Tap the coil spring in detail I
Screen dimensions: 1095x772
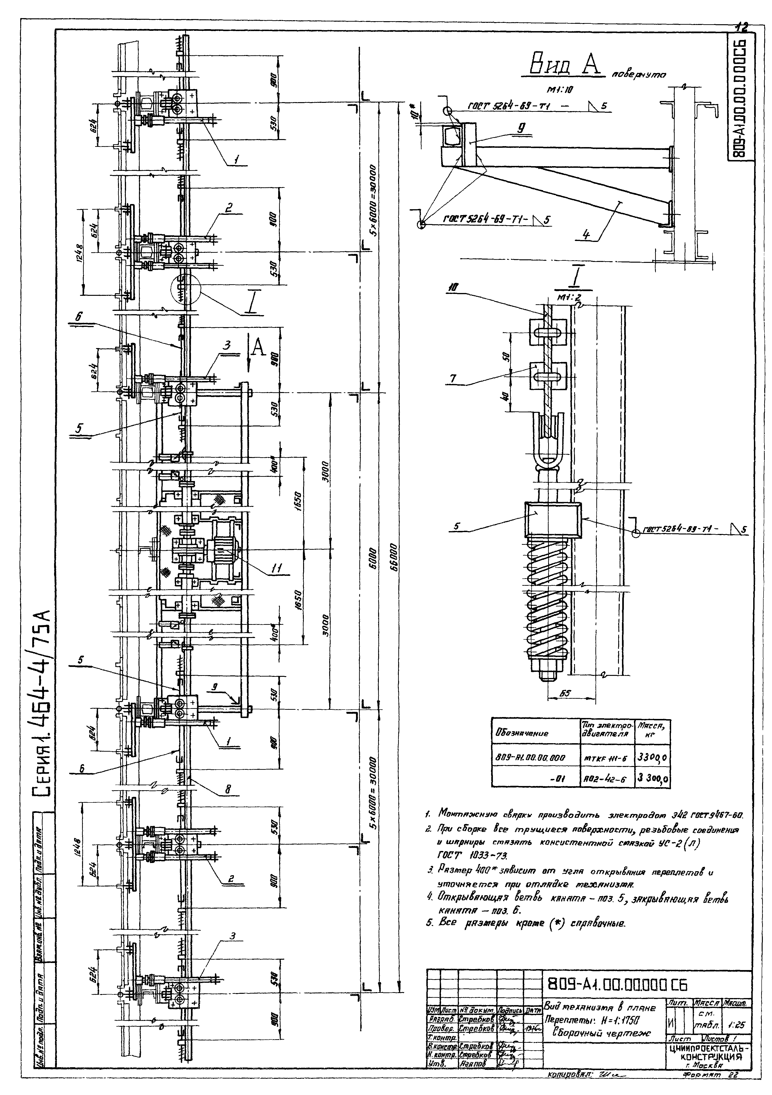(x=548, y=601)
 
